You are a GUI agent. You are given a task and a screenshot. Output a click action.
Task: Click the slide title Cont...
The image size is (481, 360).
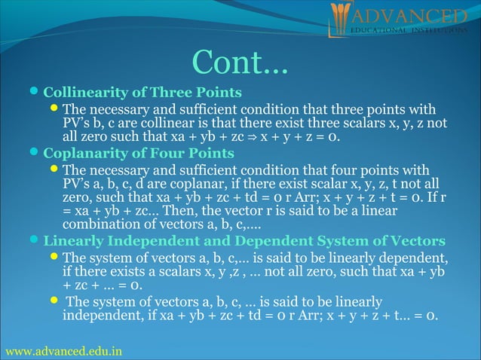[x=240, y=63]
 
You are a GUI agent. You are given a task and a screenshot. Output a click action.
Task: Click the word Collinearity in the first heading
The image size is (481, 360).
[x=78, y=93]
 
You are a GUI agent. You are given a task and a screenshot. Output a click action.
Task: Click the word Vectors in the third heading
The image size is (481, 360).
[x=415, y=242]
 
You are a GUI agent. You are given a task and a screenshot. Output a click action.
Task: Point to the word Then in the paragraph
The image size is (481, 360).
[x=191, y=212]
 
